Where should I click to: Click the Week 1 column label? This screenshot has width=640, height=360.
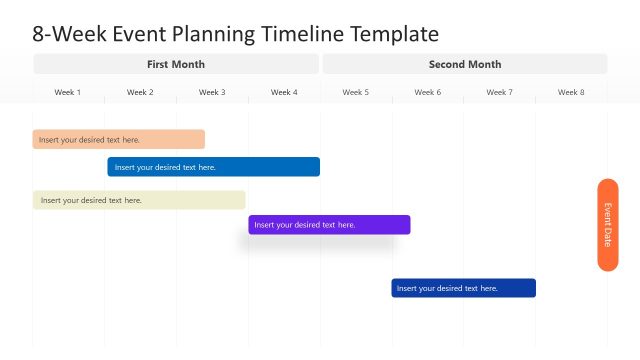coord(68,92)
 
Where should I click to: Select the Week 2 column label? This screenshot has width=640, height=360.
coord(140,92)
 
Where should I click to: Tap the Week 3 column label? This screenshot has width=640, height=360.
coord(212,92)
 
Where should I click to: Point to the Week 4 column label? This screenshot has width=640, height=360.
coord(284,92)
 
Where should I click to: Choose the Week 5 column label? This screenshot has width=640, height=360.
coord(355,92)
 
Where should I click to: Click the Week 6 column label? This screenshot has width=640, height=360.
coord(427,92)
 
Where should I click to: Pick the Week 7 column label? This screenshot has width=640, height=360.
coord(499,92)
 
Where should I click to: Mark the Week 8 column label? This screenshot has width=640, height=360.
coord(571,92)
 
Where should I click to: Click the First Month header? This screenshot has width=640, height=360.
coord(176,64)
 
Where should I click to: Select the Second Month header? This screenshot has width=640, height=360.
coord(465,64)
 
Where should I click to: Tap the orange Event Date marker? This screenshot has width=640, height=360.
coord(607,225)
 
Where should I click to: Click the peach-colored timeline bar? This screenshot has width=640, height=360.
coord(118,140)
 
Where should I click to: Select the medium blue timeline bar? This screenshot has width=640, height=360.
coord(213,167)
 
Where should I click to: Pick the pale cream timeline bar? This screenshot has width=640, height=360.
coord(138,200)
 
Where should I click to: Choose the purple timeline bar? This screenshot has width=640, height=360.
coord(329,225)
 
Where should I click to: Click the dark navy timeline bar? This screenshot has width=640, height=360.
coord(463,288)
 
